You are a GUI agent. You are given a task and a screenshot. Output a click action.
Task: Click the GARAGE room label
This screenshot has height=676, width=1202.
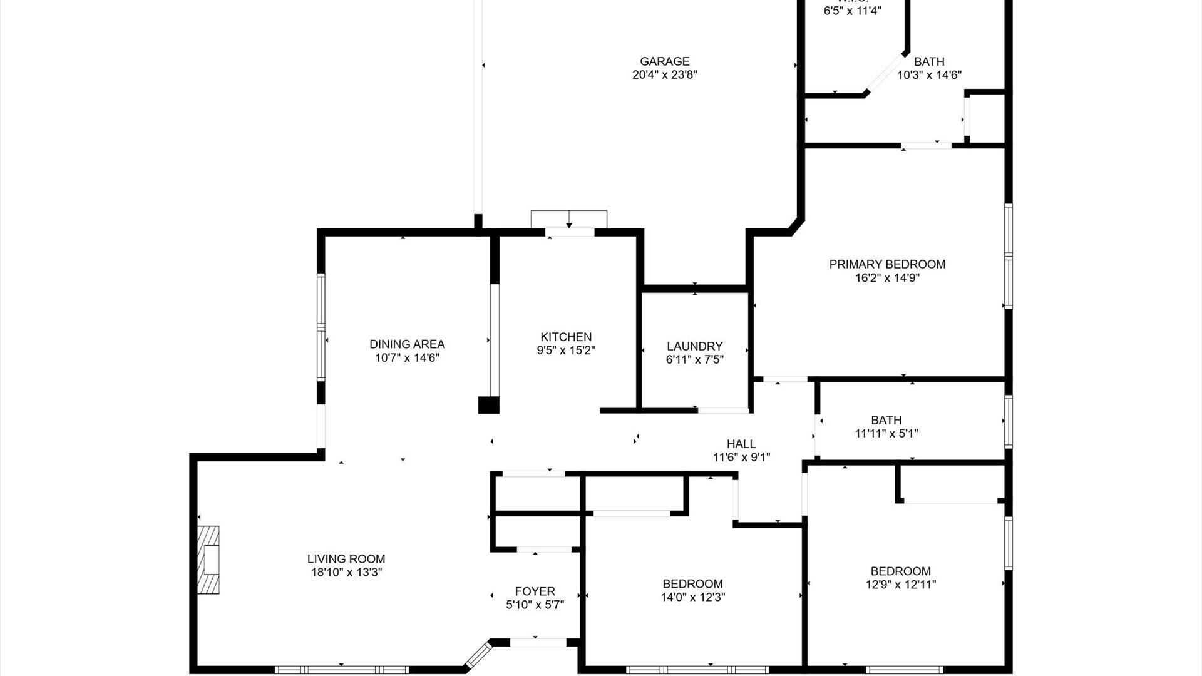point(664,61)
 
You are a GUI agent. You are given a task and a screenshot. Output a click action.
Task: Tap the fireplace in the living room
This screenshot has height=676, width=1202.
point(209,559)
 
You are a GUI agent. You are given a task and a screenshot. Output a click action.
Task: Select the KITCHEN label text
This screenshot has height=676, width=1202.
point(566,337)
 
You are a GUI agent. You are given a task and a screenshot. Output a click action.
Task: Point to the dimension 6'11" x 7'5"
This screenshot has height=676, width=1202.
point(694,360)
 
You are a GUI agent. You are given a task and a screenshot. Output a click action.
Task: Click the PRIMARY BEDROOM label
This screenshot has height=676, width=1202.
point(887,264)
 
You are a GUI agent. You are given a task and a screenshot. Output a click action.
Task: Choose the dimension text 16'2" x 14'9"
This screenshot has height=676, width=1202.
point(887,278)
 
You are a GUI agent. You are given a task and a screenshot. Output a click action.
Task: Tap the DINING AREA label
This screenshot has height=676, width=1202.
point(407,344)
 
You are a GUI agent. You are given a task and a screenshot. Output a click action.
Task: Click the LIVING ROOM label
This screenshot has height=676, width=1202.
point(346,559)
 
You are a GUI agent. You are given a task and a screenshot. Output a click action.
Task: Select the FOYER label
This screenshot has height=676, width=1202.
point(535,591)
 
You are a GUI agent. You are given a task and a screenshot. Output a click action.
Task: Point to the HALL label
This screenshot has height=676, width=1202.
point(741,444)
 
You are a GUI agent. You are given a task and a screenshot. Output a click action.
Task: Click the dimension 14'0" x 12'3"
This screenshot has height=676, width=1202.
point(692,597)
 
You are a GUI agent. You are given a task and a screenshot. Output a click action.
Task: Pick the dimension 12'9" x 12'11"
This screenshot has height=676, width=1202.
point(900,585)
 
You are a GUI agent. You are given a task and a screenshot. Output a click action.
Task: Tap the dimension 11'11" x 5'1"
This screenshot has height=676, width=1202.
point(886,433)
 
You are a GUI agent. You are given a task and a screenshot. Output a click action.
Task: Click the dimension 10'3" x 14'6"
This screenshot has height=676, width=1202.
point(929,75)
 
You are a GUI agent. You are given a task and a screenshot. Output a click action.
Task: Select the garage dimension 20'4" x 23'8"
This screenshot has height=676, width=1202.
point(664,75)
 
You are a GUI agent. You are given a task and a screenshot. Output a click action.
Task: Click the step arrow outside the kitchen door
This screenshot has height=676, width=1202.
point(568,220)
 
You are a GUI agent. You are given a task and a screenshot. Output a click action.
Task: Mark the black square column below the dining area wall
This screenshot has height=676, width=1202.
point(488,405)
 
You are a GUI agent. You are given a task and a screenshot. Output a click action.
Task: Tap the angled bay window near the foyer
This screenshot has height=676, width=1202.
point(477,654)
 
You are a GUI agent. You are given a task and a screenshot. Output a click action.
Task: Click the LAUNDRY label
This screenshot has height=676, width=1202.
point(694,346)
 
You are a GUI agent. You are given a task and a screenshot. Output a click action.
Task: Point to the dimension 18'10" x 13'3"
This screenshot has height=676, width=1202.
point(346,572)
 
